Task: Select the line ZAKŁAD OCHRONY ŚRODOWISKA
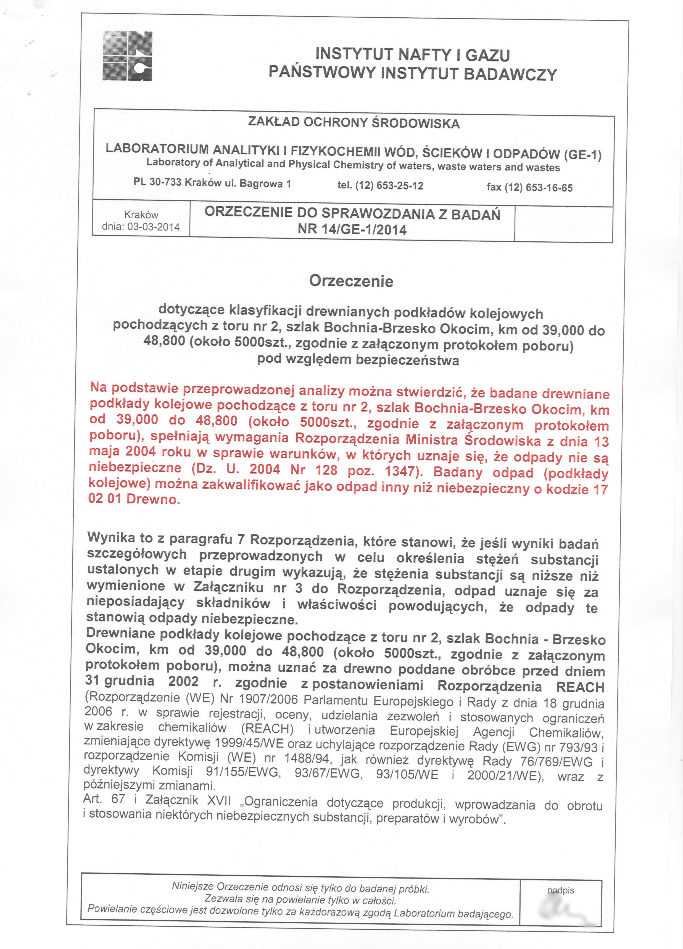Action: pos(354,123)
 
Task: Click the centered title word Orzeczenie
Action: pos(351,281)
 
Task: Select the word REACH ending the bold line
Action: pos(580,687)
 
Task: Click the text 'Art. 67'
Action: pos(104,799)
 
